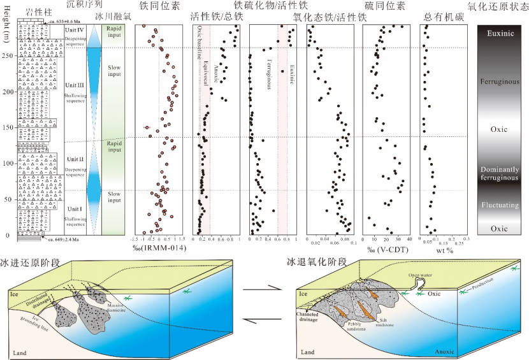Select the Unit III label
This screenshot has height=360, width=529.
click(x=75, y=85)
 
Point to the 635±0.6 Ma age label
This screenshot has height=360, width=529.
click(x=61, y=21)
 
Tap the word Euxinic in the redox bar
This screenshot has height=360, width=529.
click(x=503, y=33)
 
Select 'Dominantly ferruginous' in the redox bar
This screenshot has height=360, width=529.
click(x=503, y=172)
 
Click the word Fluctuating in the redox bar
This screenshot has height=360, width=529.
click(x=503, y=205)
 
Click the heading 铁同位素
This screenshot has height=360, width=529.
click(x=157, y=6)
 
